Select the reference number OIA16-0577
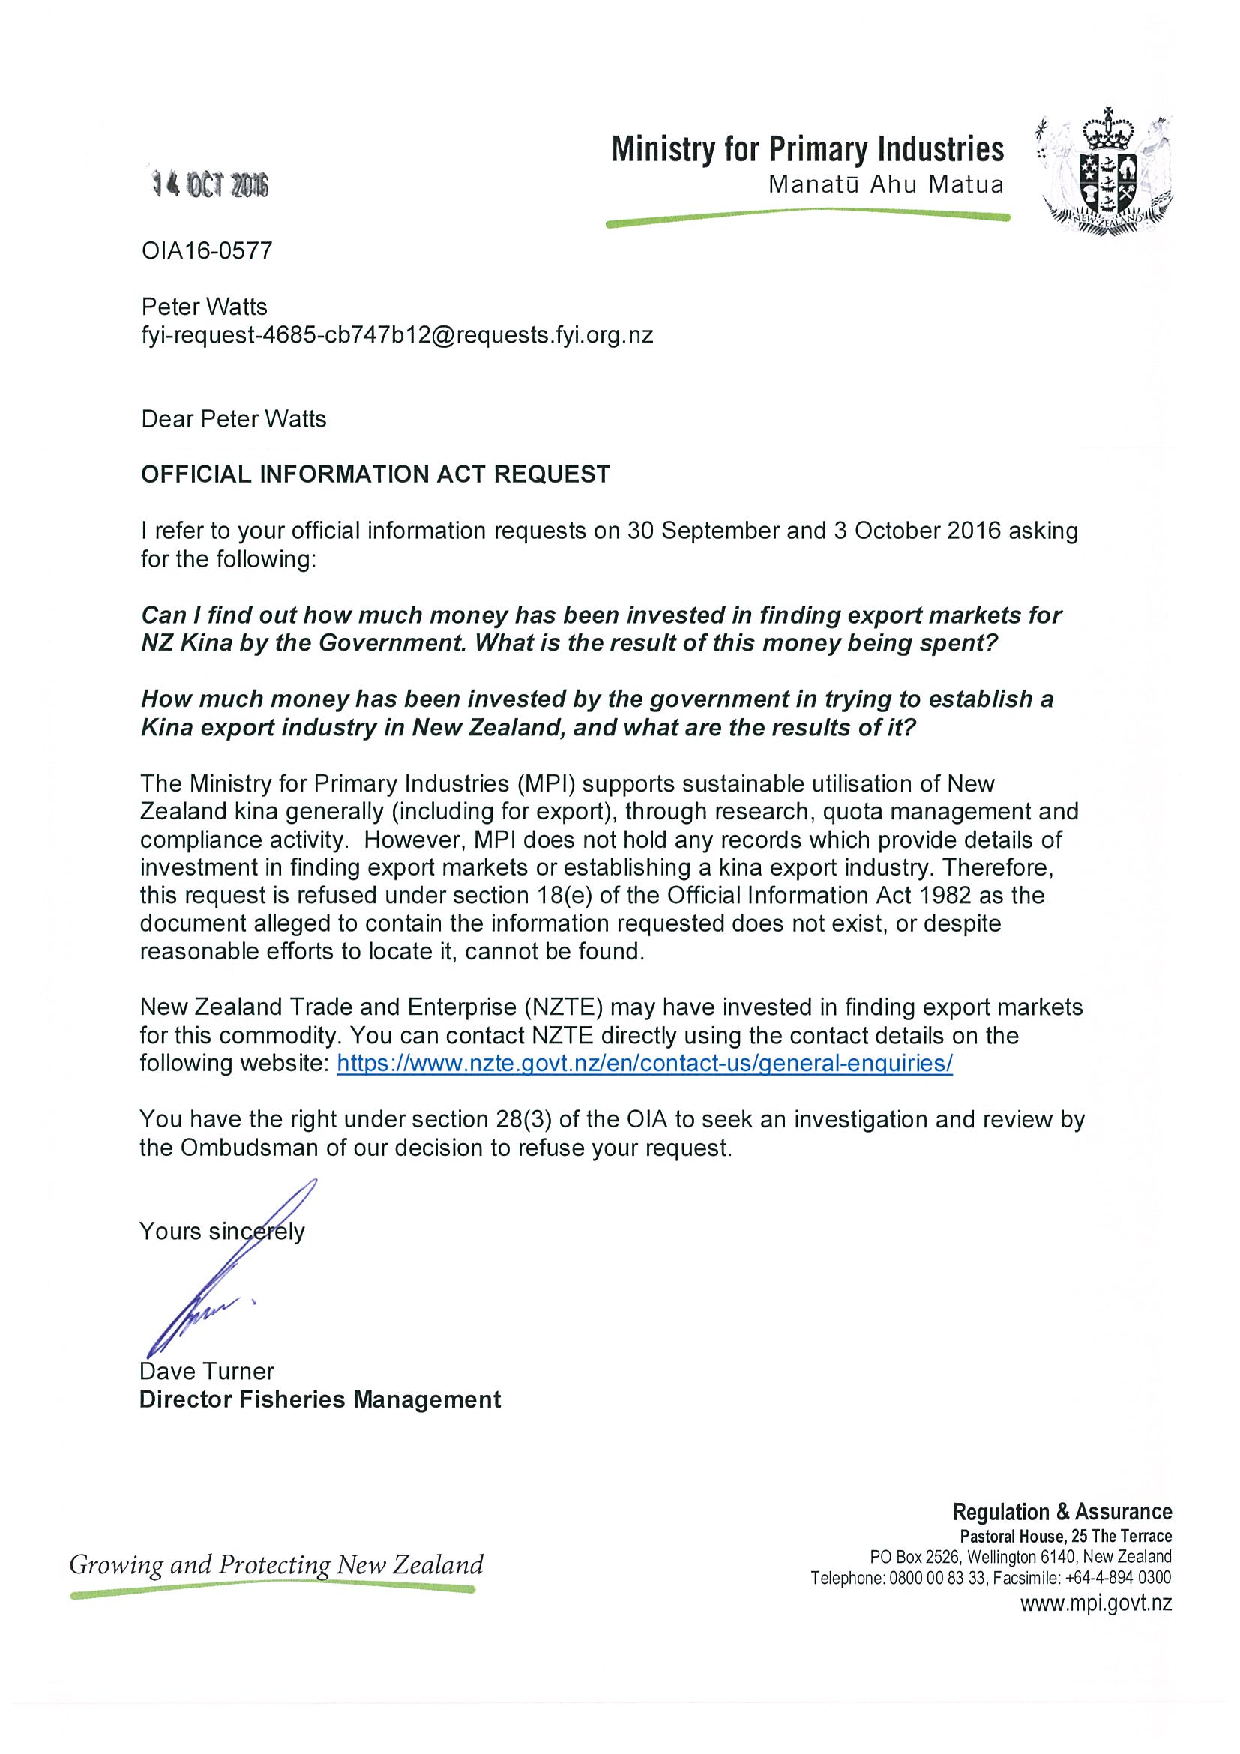[207, 250]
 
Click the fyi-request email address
[397, 335]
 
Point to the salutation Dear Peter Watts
[234, 419]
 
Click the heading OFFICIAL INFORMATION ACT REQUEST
[375, 474]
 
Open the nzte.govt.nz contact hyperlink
[644, 1064]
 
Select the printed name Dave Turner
[206, 1371]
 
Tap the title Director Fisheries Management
[320, 1399]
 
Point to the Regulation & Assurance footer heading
[1062, 1512]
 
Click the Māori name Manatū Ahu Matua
[885, 185]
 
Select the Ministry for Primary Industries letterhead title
[807, 149]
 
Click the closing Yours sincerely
[222, 1231]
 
